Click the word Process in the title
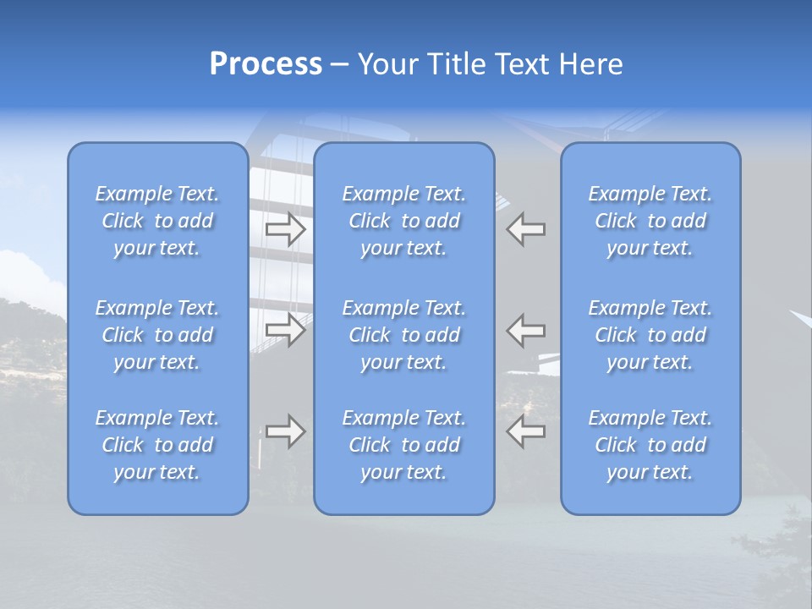pyautogui.click(x=266, y=64)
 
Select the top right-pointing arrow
pyautogui.click(x=286, y=229)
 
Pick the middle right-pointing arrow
pyautogui.click(x=286, y=329)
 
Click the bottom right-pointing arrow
pyautogui.click(x=286, y=431)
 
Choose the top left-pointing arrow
pyautogui.click(x=526, y=229)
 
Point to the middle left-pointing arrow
pyautogui.click(x=526, y=329)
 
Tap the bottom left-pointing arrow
pyautogui.click(x=526, y=431)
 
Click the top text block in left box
pyautogui.click(x=157, y=221)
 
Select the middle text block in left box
pyautogui.click(x=157, y=335)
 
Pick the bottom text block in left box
pyautogui.click(x=157, y=445)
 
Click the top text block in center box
pyautogui.click(x=404, y=221)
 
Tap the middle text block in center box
pyautogui.click(x=404, y=335)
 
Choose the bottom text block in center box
pyautogui.click(x=404, y=445)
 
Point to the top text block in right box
pyautogui.click(x=650, y=221)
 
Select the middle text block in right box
pyautogui.click(x=650, y=335)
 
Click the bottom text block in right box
pyautogui.click(x=650, y=445)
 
